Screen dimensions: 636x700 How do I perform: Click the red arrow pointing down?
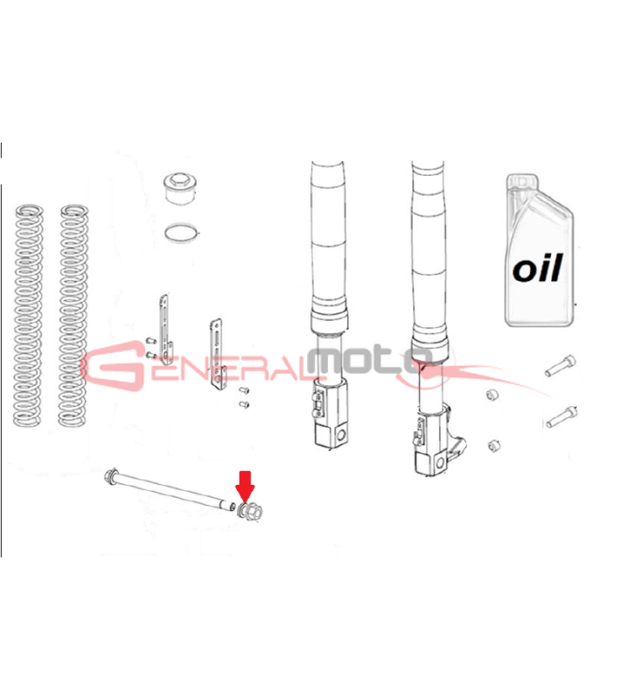[245, 486]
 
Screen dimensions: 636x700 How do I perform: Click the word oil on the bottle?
[537, 268]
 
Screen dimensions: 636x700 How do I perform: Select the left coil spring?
[29, 315]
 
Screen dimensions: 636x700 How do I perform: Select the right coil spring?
[73, 315]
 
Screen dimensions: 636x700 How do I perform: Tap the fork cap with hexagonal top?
[181, 188]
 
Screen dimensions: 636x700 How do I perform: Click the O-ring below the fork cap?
[182, 233]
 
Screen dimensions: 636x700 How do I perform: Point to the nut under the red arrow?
[250, 511]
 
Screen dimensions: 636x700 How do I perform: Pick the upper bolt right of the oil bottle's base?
[561, 366]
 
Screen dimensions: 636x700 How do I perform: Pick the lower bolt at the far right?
[562, 417]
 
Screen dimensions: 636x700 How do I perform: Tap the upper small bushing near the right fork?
[493, 395]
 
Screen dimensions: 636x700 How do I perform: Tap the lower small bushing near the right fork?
[493, 445]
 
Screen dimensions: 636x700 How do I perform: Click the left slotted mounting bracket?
[165, 329]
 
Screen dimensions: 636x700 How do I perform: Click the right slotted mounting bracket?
[217, 354]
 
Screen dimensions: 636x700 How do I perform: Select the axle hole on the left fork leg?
[342, 435]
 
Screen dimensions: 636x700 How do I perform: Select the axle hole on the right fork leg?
[442, 463]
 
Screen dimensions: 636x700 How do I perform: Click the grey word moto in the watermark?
[369, 360]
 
